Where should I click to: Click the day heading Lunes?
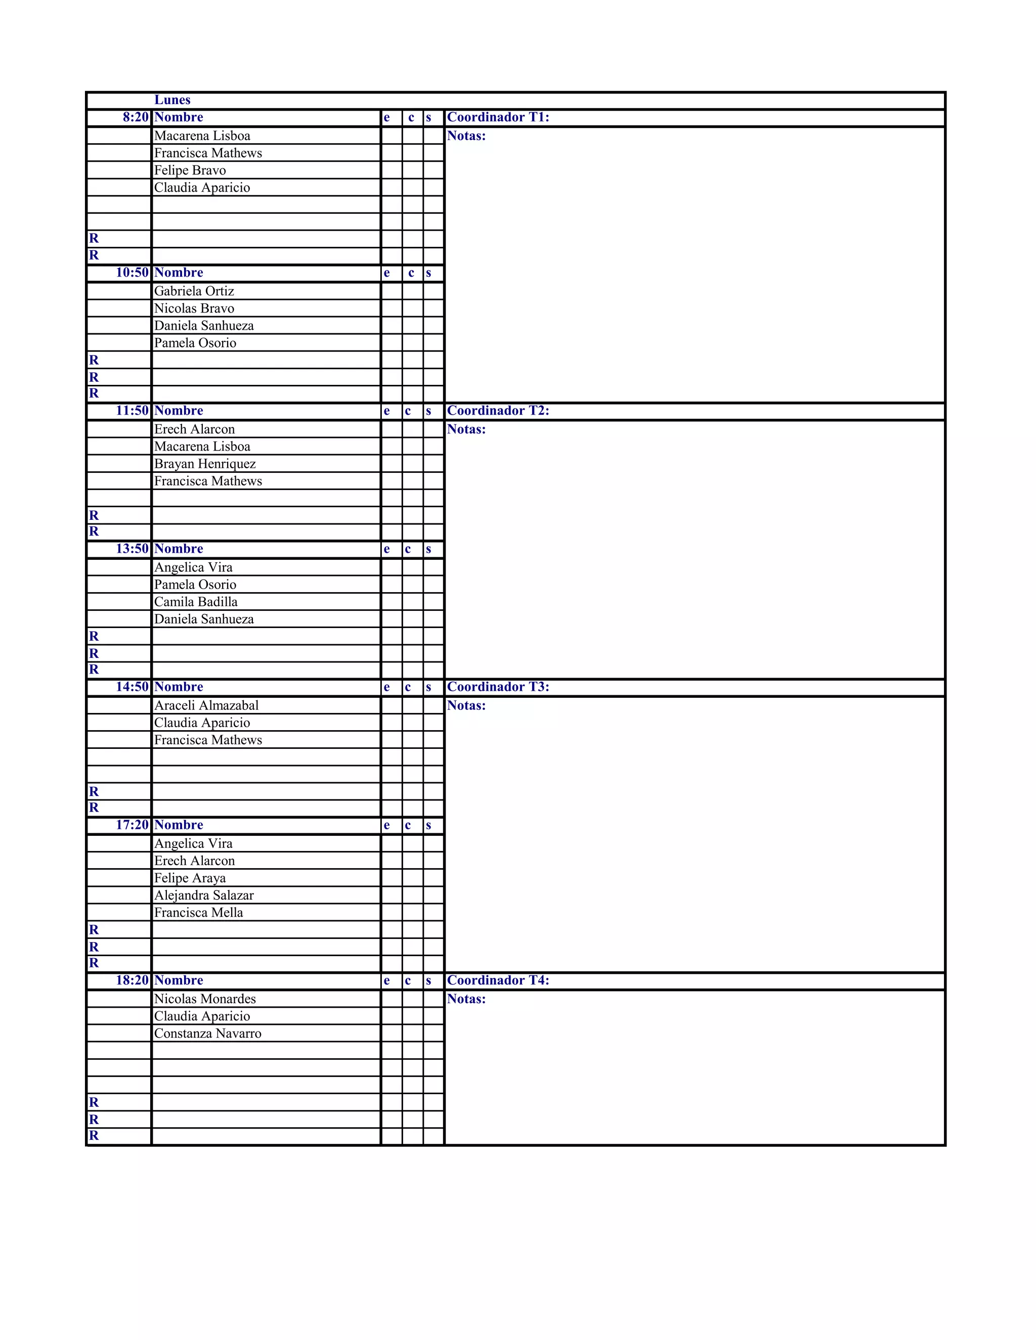[x=172, y=100]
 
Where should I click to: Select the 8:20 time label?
[x=136, y=117]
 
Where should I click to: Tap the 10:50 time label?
[x=132, y=273]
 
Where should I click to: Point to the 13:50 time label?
[x=132, y=549]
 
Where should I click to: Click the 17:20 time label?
[x=132, y=825]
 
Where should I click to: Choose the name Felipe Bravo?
[x=190, y=170]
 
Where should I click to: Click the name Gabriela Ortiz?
[x=194, y=291]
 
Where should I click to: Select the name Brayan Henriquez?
[x=204, y=464]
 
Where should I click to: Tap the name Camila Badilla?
[x=196, y=602]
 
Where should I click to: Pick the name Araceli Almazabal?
[x=206, y=705]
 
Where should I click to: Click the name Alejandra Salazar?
[x=204, y=895]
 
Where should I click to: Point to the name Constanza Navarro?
[x=207, y=1033]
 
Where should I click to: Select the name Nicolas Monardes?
[x=205, y=999]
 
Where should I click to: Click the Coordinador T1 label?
[x=498, y=117]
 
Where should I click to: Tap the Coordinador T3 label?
[x=498, y=687]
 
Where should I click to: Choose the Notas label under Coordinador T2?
[x=466, y=429]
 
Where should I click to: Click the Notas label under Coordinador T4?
[x=466, y=999]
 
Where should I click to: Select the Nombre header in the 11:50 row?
[x=179, y=411]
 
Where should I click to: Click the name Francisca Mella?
[x=198, y=912]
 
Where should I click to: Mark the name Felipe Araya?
[x=190, y=878]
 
